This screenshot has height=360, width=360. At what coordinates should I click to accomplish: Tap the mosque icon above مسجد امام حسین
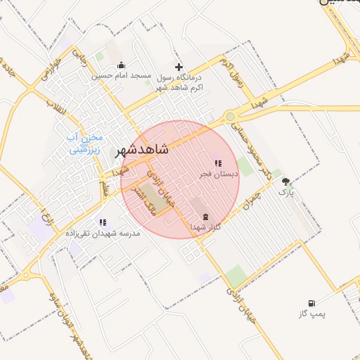pyautogui.click(x=121, y=65)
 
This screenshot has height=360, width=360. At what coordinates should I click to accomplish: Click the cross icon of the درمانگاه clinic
pyautogui.click(x=179, y=66)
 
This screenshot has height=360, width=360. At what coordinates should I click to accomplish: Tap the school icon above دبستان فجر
pyautogui.click(x=217, y=163)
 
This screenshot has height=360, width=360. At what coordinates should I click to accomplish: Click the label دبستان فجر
pyautogui.click(x=218, y=172)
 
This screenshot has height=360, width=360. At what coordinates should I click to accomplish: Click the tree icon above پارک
pyautogui.click(x=285, y=181)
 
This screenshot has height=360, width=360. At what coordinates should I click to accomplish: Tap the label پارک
pyautogui.click(x=285, y=191)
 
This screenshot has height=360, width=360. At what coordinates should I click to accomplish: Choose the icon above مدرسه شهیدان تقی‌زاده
pyautogui.click(x=103, y=222)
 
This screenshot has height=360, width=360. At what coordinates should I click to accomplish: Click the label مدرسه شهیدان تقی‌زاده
pyautogui.click(x=103, y=232)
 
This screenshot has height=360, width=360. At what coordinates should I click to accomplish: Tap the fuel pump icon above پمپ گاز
pyautogui.click(x=311, y=303)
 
